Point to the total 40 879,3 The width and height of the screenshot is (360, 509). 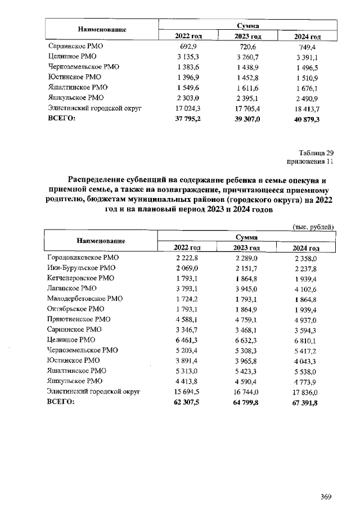point(307,119)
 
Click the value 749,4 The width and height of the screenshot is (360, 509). point(307,47)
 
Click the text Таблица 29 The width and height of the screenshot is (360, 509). point(317,152)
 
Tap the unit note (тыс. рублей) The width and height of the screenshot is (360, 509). point(313,227)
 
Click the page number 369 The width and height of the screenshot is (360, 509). point(326,496)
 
